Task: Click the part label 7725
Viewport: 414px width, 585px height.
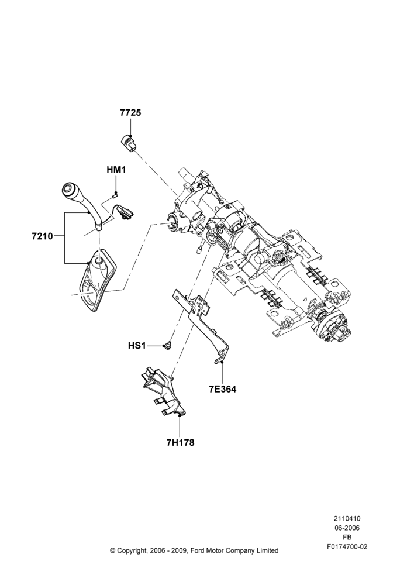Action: point(130,112)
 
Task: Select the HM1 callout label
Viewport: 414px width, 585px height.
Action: point(116,170)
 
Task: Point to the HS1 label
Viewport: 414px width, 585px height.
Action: point(136,346)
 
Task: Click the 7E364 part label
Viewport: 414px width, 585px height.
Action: point(223,389)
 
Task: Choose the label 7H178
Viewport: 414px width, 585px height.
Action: point(181,443)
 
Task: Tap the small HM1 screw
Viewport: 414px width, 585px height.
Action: point(115,194)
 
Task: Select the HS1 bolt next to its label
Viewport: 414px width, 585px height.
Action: point(168,346)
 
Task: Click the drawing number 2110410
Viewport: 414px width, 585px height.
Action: point(347,518)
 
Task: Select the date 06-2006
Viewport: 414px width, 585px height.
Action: point(347,528)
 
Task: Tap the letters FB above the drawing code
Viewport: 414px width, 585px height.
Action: point(347,538)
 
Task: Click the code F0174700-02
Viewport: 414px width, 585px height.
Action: point(347,547)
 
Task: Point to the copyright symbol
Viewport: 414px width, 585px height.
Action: point(113,550)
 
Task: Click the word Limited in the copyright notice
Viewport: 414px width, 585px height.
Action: point(268,550)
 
